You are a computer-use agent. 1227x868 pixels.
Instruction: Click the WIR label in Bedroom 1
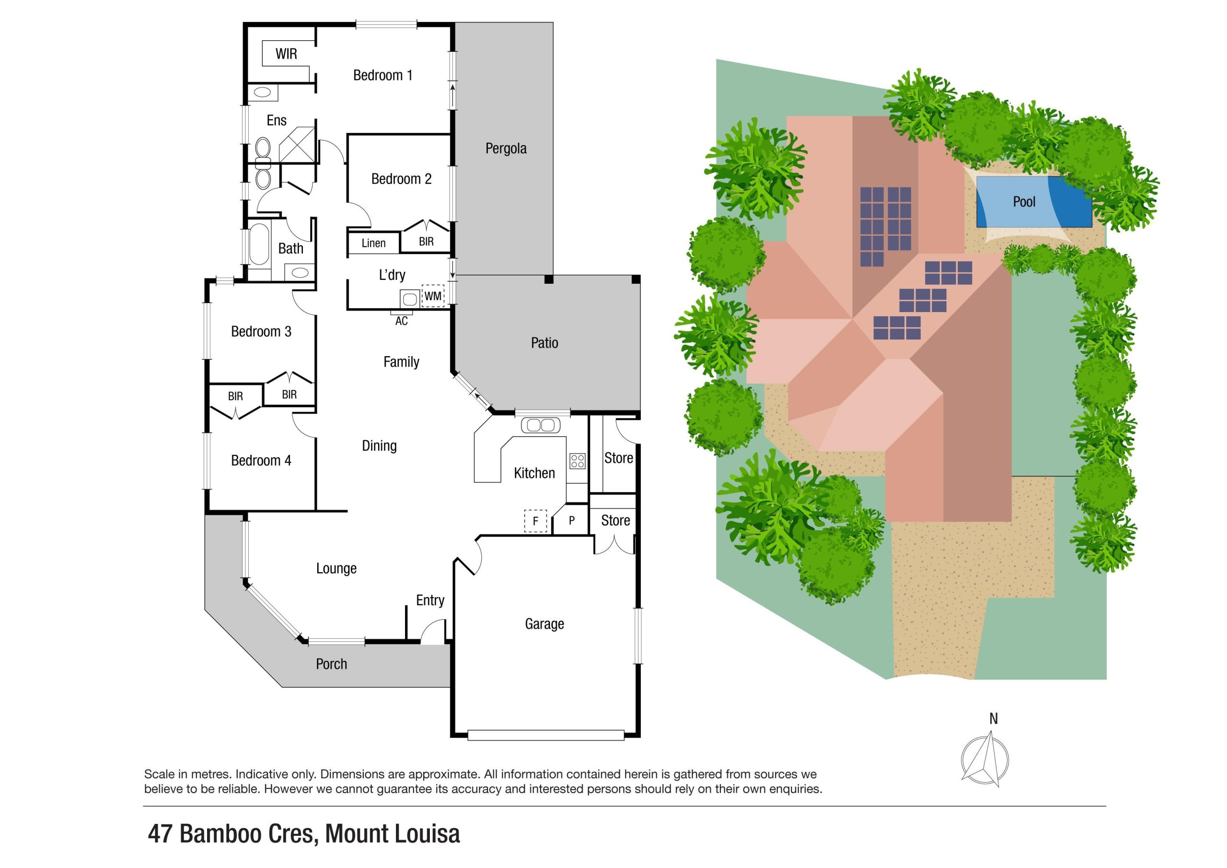click(x=286, y=54)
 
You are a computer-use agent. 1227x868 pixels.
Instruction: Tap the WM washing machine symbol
click(x=432, y=296)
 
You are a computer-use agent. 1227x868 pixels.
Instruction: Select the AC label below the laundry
click(x=401, y=321)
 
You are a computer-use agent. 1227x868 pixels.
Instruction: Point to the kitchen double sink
click(x=540, y=426)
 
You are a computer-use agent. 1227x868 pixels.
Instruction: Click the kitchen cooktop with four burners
click(x=577, y=461)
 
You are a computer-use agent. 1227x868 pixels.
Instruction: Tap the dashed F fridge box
click(x=535, y=521)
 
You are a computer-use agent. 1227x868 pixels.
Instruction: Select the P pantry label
click(x=571, y=521)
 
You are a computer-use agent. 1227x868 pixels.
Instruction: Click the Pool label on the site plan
click(x=1023, y=202)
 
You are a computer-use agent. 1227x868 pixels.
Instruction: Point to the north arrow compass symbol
click(x=984, y=760)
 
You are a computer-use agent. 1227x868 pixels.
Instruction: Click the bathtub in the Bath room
click(x=259, y=245)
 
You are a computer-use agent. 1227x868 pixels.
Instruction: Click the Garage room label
click(x=544, y=624)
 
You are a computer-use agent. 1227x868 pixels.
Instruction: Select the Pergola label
click(x=506, y=149)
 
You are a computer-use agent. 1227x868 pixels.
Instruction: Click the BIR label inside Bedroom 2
click(x=426, y=242)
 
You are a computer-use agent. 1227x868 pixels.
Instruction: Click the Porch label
click(x=331, y=664)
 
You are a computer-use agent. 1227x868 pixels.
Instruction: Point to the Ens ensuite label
click(x=276, y=121)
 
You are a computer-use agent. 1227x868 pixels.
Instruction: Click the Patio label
click(x=544, y=343)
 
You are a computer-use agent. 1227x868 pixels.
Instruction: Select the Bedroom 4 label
click(x=261, y=461)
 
